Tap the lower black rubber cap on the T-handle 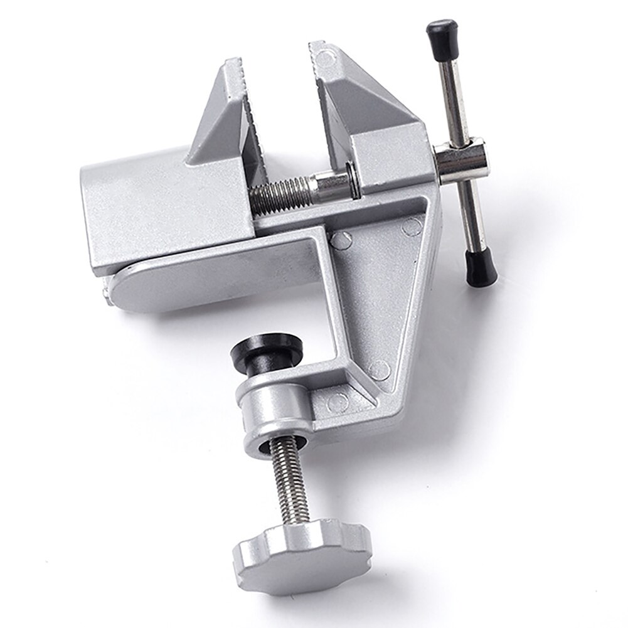click(480, 267)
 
